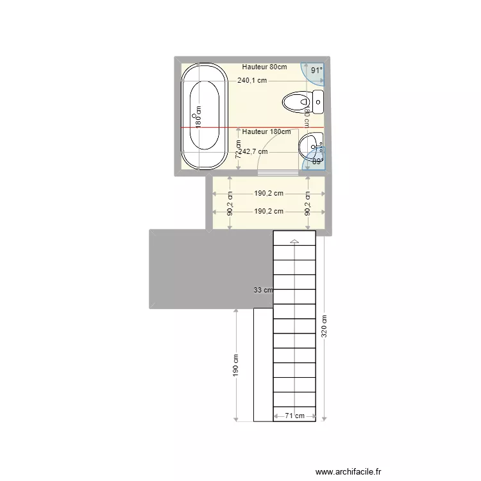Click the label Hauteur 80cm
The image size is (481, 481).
point(264,67)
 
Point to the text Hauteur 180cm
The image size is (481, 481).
point(266,131)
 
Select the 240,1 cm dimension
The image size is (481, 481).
point(252,81)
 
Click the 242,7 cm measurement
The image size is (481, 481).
point(253,152)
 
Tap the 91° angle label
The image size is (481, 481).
point(317,71)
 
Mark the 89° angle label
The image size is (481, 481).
point(317,162)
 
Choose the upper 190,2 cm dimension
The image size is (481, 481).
point(269,192)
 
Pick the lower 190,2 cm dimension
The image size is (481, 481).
point(269,211)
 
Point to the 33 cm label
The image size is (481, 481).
point(263,290)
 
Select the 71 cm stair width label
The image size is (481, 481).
point(295,416)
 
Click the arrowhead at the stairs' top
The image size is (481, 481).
point(294,241)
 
